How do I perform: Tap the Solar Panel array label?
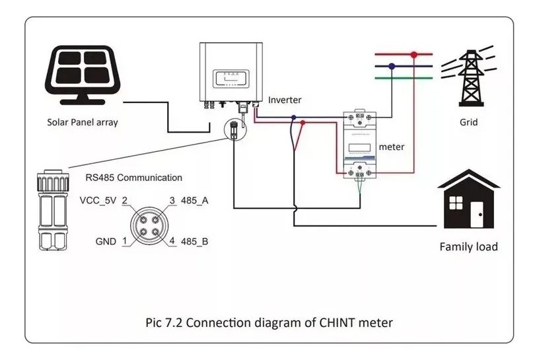83,122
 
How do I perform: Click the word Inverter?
285,100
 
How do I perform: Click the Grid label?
468,122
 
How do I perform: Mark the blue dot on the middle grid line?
392,66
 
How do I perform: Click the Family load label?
468,247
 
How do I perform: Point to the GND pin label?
105,241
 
